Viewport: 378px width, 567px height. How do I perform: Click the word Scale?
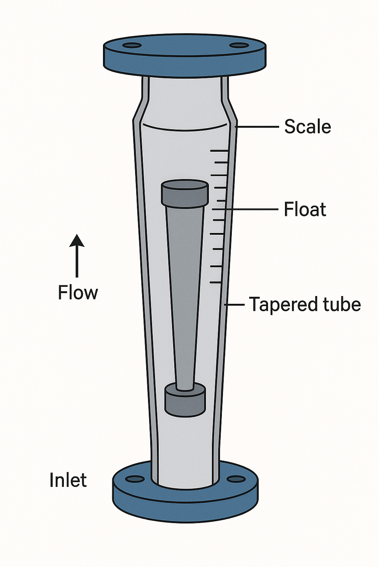(x=307, y=127)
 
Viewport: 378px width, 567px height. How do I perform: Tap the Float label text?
(x=305, y=209)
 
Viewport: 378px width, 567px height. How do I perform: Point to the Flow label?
(x=78, y=293)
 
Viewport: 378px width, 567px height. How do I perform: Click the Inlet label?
(x=68, y=480)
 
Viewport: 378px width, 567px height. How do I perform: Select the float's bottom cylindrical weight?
(x=185, y=401)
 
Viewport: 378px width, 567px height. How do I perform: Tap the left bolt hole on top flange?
(x=132, y=46)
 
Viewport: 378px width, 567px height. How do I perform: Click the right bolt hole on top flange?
(x=239, y=45)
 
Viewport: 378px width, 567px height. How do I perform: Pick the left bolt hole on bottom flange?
(x=135, y=479)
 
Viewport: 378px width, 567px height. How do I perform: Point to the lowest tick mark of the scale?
(x=216, y=282)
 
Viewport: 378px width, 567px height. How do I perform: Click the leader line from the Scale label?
(x=257, y=127)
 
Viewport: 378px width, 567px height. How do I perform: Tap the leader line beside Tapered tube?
(x=235, y=305)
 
